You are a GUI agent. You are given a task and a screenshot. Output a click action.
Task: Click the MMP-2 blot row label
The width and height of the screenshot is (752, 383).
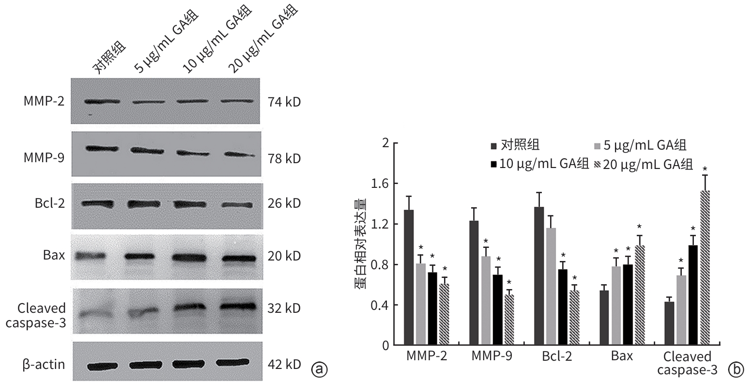[x=44, y=102]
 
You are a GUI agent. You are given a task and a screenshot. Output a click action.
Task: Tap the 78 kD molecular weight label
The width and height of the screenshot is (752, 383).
[x=284, y=159]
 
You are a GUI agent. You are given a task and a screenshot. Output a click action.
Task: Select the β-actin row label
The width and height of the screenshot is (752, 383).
[x=44, y=364]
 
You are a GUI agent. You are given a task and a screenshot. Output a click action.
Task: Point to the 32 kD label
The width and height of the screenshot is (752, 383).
[x=284, y=308]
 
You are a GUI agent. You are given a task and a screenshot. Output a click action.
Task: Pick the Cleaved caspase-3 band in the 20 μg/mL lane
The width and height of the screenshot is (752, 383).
[x=237, y=306]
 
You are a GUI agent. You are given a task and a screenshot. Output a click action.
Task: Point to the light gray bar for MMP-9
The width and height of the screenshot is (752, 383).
[x=485, y=301]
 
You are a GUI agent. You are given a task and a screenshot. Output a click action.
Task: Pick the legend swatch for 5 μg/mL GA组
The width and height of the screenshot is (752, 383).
[x=598, y=146]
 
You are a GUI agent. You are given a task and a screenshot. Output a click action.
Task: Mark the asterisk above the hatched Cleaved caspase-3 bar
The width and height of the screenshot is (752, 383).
[x=705, y=168]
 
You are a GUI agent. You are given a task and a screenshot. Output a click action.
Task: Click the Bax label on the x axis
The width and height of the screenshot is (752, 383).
[x=622, y=356]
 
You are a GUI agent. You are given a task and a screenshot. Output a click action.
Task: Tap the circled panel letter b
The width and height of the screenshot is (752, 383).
[x=735, y=369]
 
